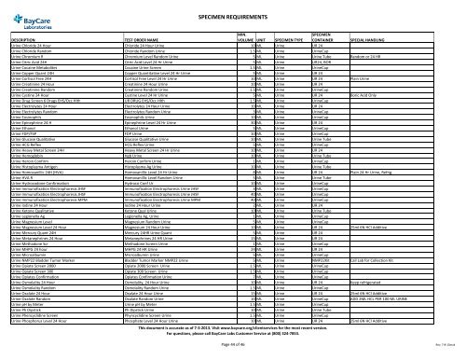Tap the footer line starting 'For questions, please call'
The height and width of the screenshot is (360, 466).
coord(233,335)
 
